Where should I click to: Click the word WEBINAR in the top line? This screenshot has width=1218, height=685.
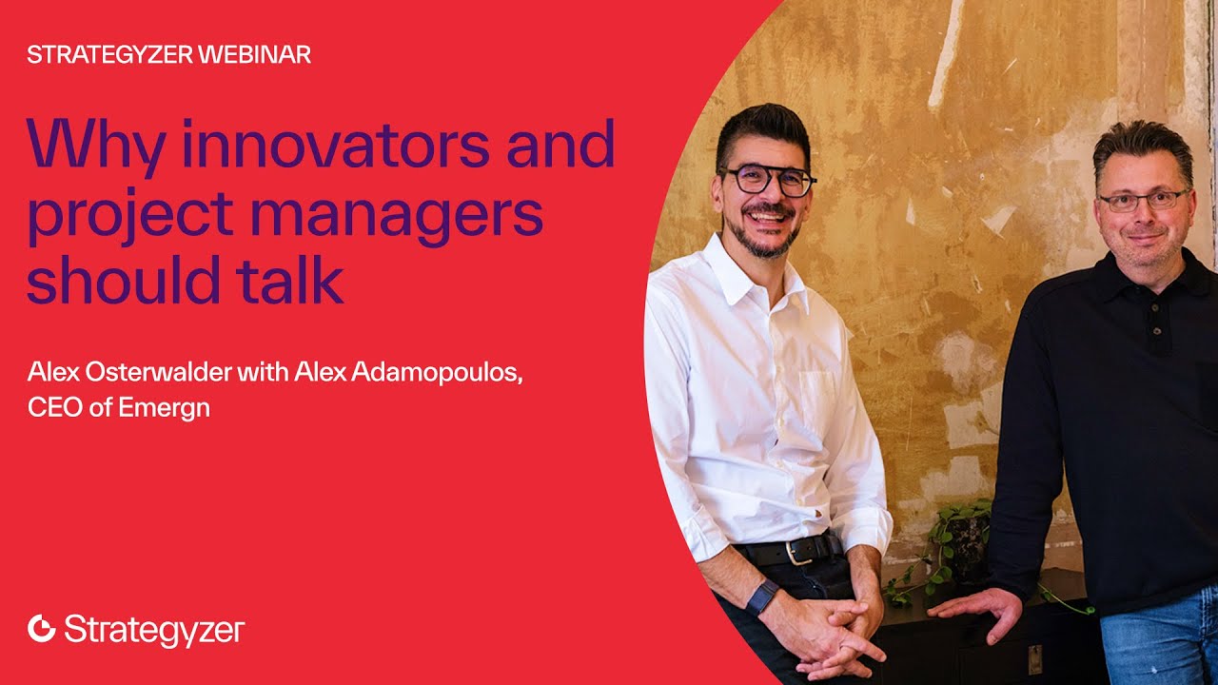[x=254, y=55]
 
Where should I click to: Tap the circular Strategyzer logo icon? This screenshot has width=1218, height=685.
[x=42, y=629]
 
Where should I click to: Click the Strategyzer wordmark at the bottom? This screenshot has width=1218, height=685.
[x=154, y=630]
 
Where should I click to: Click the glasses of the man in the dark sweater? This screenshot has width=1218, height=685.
[x=1143, y=200]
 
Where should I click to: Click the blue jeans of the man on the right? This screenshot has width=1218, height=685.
[x=1157, y=647]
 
